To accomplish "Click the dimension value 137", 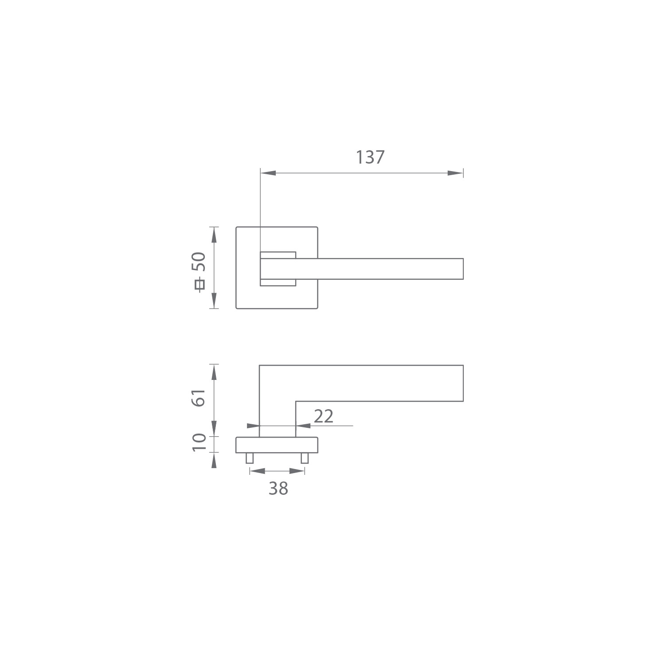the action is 370,157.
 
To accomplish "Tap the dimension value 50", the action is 199,262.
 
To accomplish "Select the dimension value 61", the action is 199,398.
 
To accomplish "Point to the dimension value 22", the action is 323,416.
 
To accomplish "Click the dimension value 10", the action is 199,442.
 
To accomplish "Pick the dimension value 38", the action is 278,489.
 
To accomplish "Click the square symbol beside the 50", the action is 200,284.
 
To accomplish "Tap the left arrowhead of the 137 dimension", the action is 268,173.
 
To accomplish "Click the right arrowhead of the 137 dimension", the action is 455,173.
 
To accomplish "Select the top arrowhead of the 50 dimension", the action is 214,235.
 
